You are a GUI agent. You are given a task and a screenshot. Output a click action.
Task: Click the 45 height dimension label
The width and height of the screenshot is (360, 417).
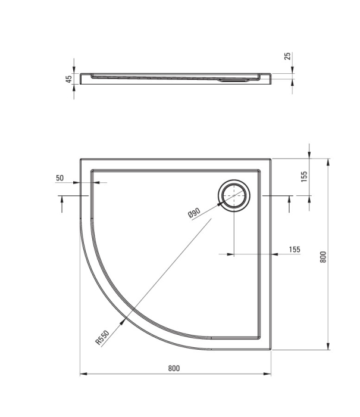point(69,79)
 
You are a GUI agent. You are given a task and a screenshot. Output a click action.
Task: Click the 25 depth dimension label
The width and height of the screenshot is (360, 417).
point(288,56)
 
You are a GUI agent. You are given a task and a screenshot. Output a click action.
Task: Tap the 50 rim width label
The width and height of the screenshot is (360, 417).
point(60,178)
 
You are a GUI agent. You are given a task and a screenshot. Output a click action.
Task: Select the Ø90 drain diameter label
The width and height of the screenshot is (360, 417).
point(194,213)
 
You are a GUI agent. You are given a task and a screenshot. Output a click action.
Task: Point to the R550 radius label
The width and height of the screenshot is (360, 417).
point(102,337)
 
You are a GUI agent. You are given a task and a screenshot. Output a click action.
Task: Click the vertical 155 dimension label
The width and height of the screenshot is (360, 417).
point(304,176)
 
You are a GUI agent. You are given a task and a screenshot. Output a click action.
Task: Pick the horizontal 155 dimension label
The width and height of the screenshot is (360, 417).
point(295,250)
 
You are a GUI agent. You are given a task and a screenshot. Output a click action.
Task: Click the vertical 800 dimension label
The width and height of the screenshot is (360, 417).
point(323,257)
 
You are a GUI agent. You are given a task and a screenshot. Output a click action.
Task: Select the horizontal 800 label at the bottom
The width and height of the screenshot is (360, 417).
point(174,368)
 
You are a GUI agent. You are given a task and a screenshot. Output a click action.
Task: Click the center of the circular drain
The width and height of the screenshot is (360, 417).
point(234,195)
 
